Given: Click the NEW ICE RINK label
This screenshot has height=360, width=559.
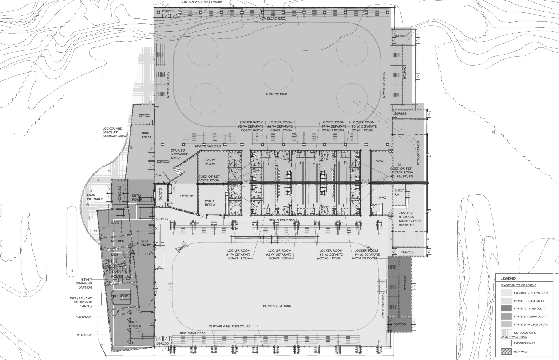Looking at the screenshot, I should [x=277, y=94].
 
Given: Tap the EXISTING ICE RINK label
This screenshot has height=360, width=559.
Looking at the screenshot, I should [x=277, y=306].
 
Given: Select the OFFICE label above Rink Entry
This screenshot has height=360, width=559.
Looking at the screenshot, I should [x=144, y=115].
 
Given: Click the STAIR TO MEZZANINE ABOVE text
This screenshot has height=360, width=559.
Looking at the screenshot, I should [x=178, y=154].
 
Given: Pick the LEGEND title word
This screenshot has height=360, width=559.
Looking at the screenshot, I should [x=508, y=278].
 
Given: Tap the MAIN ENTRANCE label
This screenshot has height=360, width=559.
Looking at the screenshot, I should [x=95, y=197].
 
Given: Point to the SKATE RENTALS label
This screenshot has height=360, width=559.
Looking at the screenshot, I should [x=134, y=324].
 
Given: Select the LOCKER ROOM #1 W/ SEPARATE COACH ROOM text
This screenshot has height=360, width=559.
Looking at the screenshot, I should [x=239, y=254].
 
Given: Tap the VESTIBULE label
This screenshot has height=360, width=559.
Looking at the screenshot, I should [x=120, y=194].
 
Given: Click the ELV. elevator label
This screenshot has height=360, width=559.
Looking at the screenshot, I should [x=159, y=175].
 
